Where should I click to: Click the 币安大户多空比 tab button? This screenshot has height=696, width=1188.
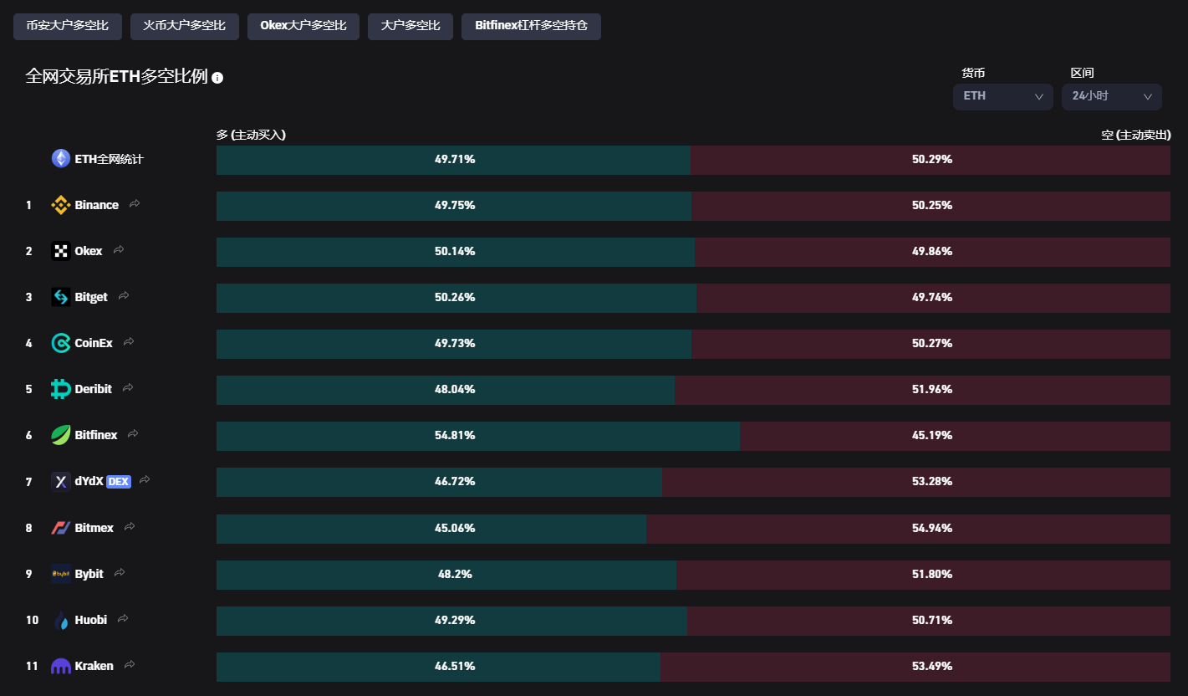click(x=67, y=26)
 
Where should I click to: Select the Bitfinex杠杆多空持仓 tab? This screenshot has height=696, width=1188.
click(x=531, y=26)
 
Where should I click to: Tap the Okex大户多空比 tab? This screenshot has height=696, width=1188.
click(x=303, y=26)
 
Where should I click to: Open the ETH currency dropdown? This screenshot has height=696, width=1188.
click(x=1002, y=96)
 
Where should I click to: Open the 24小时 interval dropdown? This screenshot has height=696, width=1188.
click(x=1111, y=96)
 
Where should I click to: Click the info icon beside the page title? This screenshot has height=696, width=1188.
click(x=217, y=78)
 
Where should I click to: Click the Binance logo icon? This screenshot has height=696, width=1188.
click(x=61, y=205)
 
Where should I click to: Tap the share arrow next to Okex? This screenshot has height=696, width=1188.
click(x=119, y=250)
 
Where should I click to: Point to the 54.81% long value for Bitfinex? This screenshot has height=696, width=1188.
click(x=455, y=435)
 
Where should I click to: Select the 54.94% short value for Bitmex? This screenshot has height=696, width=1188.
click(x=931, y=528)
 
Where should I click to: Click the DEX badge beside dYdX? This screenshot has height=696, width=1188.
click(x=118, y=481)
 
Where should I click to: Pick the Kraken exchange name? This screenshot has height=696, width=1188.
click(x=94, y=666)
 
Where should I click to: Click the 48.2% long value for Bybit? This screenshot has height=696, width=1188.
click(x=455, y=574)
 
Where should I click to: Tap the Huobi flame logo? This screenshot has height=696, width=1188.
click(x=61, y=620)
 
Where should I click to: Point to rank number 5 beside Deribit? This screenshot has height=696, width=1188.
click(x=28, y=389)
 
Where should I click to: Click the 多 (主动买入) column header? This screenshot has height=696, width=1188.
click(x=251, y=135)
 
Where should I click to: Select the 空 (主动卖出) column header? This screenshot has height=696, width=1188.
click(x=1135, y=135)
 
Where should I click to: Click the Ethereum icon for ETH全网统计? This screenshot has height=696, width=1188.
click(x=61, y=158)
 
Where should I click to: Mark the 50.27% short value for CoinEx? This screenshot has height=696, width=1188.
click(x=931, y=343)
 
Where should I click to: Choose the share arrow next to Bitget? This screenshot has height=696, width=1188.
click(x=124, y=296)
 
